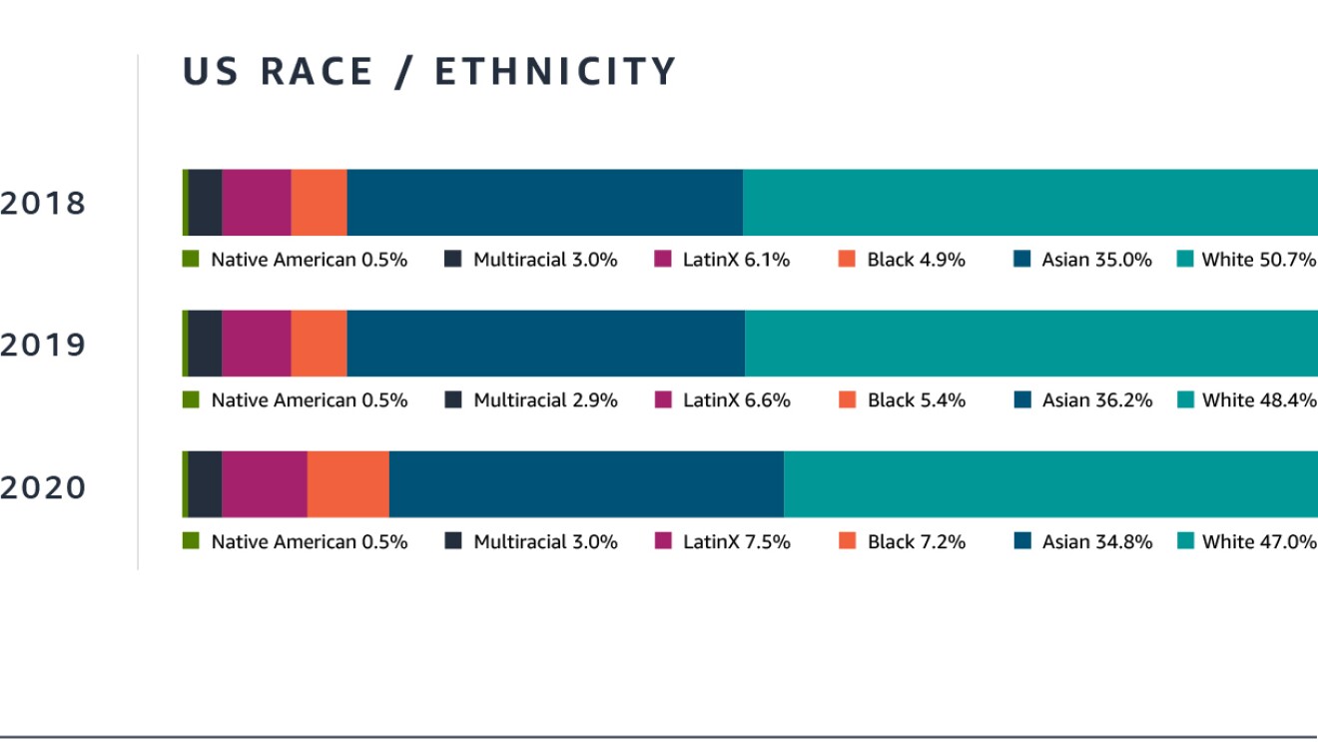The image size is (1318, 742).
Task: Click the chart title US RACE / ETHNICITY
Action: click(x=429, y=73)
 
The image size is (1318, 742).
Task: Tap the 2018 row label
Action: click(x=44, y=204)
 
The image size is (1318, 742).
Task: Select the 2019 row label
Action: click(x=44, y=346)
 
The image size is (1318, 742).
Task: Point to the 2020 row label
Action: click(x=44, y=488)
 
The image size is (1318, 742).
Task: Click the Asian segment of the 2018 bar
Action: click(x=544, y=202)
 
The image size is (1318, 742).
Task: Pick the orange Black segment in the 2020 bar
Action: click(x=347, y=484)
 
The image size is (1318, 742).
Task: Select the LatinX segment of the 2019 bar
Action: click(x=256, y=344)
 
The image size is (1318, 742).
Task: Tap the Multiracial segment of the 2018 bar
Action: click(x=205, y=202)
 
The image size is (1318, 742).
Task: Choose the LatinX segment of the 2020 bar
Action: click(x=264, y=484)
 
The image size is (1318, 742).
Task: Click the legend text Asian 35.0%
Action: click(x=1096, y=260)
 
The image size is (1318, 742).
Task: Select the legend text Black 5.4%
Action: click(x=916, y=400)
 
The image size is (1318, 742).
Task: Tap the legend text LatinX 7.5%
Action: click(x=736, y=542)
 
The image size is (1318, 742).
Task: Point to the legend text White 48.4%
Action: click(x=1258, y=400)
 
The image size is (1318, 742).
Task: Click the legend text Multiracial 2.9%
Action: click(x=545, y=400)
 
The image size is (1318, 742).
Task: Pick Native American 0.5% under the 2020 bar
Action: click(x=309, y=542)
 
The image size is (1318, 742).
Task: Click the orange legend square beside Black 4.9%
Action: click(x=848, y=260)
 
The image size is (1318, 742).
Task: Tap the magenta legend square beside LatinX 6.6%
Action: click(x=663, y=400)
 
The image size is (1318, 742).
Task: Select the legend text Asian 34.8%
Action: click(x=1096, y=542)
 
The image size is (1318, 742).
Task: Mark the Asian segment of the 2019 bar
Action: click(x=545, y=344)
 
